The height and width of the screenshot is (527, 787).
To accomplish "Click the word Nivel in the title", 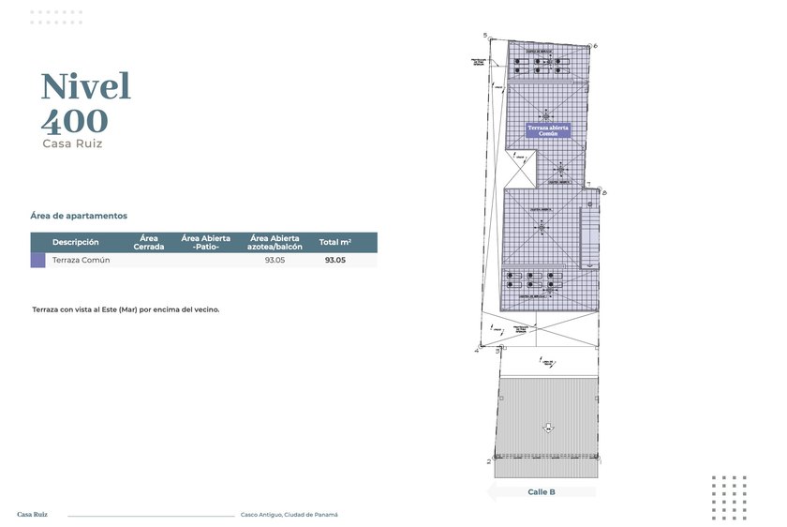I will [85, 86].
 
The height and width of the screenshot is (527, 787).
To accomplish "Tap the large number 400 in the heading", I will [74, 121].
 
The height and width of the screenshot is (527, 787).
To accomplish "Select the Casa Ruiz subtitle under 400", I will [71, 144].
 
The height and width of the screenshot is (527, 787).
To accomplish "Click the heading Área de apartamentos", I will [79, 216].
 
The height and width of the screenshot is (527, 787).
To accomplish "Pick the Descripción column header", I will [75, 242].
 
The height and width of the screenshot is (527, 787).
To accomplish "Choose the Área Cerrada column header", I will [149, 242].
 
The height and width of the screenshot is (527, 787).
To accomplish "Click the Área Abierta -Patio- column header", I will [205, 242].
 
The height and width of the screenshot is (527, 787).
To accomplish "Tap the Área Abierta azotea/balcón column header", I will [275, 242].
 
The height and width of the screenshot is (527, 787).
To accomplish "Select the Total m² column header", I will [334, 242].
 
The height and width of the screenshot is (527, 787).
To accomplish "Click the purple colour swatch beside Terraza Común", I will [37, 261].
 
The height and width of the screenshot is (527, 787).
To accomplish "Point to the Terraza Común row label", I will [81, 261].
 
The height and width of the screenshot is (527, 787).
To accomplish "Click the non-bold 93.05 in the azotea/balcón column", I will [275, 261].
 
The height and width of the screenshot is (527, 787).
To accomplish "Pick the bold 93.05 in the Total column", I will [334, 261].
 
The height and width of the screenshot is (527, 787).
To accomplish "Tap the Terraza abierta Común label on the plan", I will [548, 130].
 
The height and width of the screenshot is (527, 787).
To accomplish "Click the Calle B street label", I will [541, 491].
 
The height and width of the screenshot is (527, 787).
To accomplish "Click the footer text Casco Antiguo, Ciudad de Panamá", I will [289, 515].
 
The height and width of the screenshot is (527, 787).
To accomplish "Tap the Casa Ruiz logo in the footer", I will [32, 514].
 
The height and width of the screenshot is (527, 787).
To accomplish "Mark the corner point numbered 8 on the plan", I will [604, 192].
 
